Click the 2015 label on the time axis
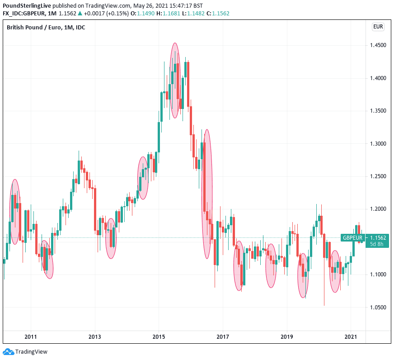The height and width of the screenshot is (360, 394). pyautogui.click(x=159, y=337)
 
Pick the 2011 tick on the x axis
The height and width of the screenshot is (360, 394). pyautogui.click(x=31, y=337)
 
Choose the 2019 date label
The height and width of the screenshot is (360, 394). pyautogui.click(x=287, y=337)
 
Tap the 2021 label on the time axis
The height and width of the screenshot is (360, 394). pyautogui.click(x=351, y=337)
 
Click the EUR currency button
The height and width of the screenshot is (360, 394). pyautogui.click(x=378, y=27)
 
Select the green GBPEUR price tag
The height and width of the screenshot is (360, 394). pyautogui.click(x=352, y=238)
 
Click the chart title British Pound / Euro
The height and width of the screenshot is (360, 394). pyautogui.click(x=46, y=28)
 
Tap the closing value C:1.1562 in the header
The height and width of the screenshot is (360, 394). pyautogui.click(x=218, y=14)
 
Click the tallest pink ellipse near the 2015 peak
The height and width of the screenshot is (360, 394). pyautogui.click(x=174, y=81)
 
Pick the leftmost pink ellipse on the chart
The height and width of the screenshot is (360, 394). pyautogui.click(x=15, y=212)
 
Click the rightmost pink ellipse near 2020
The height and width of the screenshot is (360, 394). pyautogui.click(x=335, y=271)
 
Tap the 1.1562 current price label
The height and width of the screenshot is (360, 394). pyautogui.click(x=378, y=238)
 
